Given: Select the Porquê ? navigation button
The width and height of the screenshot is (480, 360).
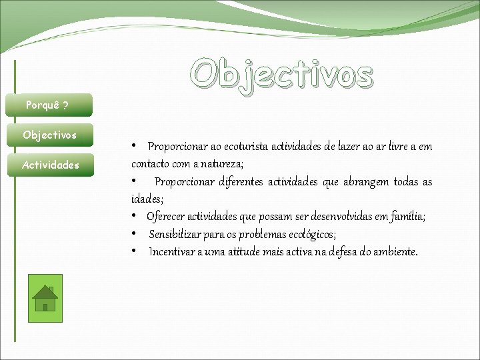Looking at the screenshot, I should point(49,105).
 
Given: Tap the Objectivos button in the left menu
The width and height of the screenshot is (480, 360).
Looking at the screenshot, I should point(50,135).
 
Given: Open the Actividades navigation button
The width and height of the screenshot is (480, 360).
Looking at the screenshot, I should point(50,165).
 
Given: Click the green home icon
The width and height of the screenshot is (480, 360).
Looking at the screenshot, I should point(45,298).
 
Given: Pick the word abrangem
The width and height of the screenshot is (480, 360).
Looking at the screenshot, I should point(365,182).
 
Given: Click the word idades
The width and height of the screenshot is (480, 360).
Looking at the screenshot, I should point(146,199).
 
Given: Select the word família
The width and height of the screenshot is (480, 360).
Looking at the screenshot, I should point(407,217).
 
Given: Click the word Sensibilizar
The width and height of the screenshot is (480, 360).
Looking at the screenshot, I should point(176,234).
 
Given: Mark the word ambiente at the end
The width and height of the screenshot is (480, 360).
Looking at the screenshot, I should point(393,252).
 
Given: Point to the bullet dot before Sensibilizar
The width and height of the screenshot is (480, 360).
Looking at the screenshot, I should point(135,234).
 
